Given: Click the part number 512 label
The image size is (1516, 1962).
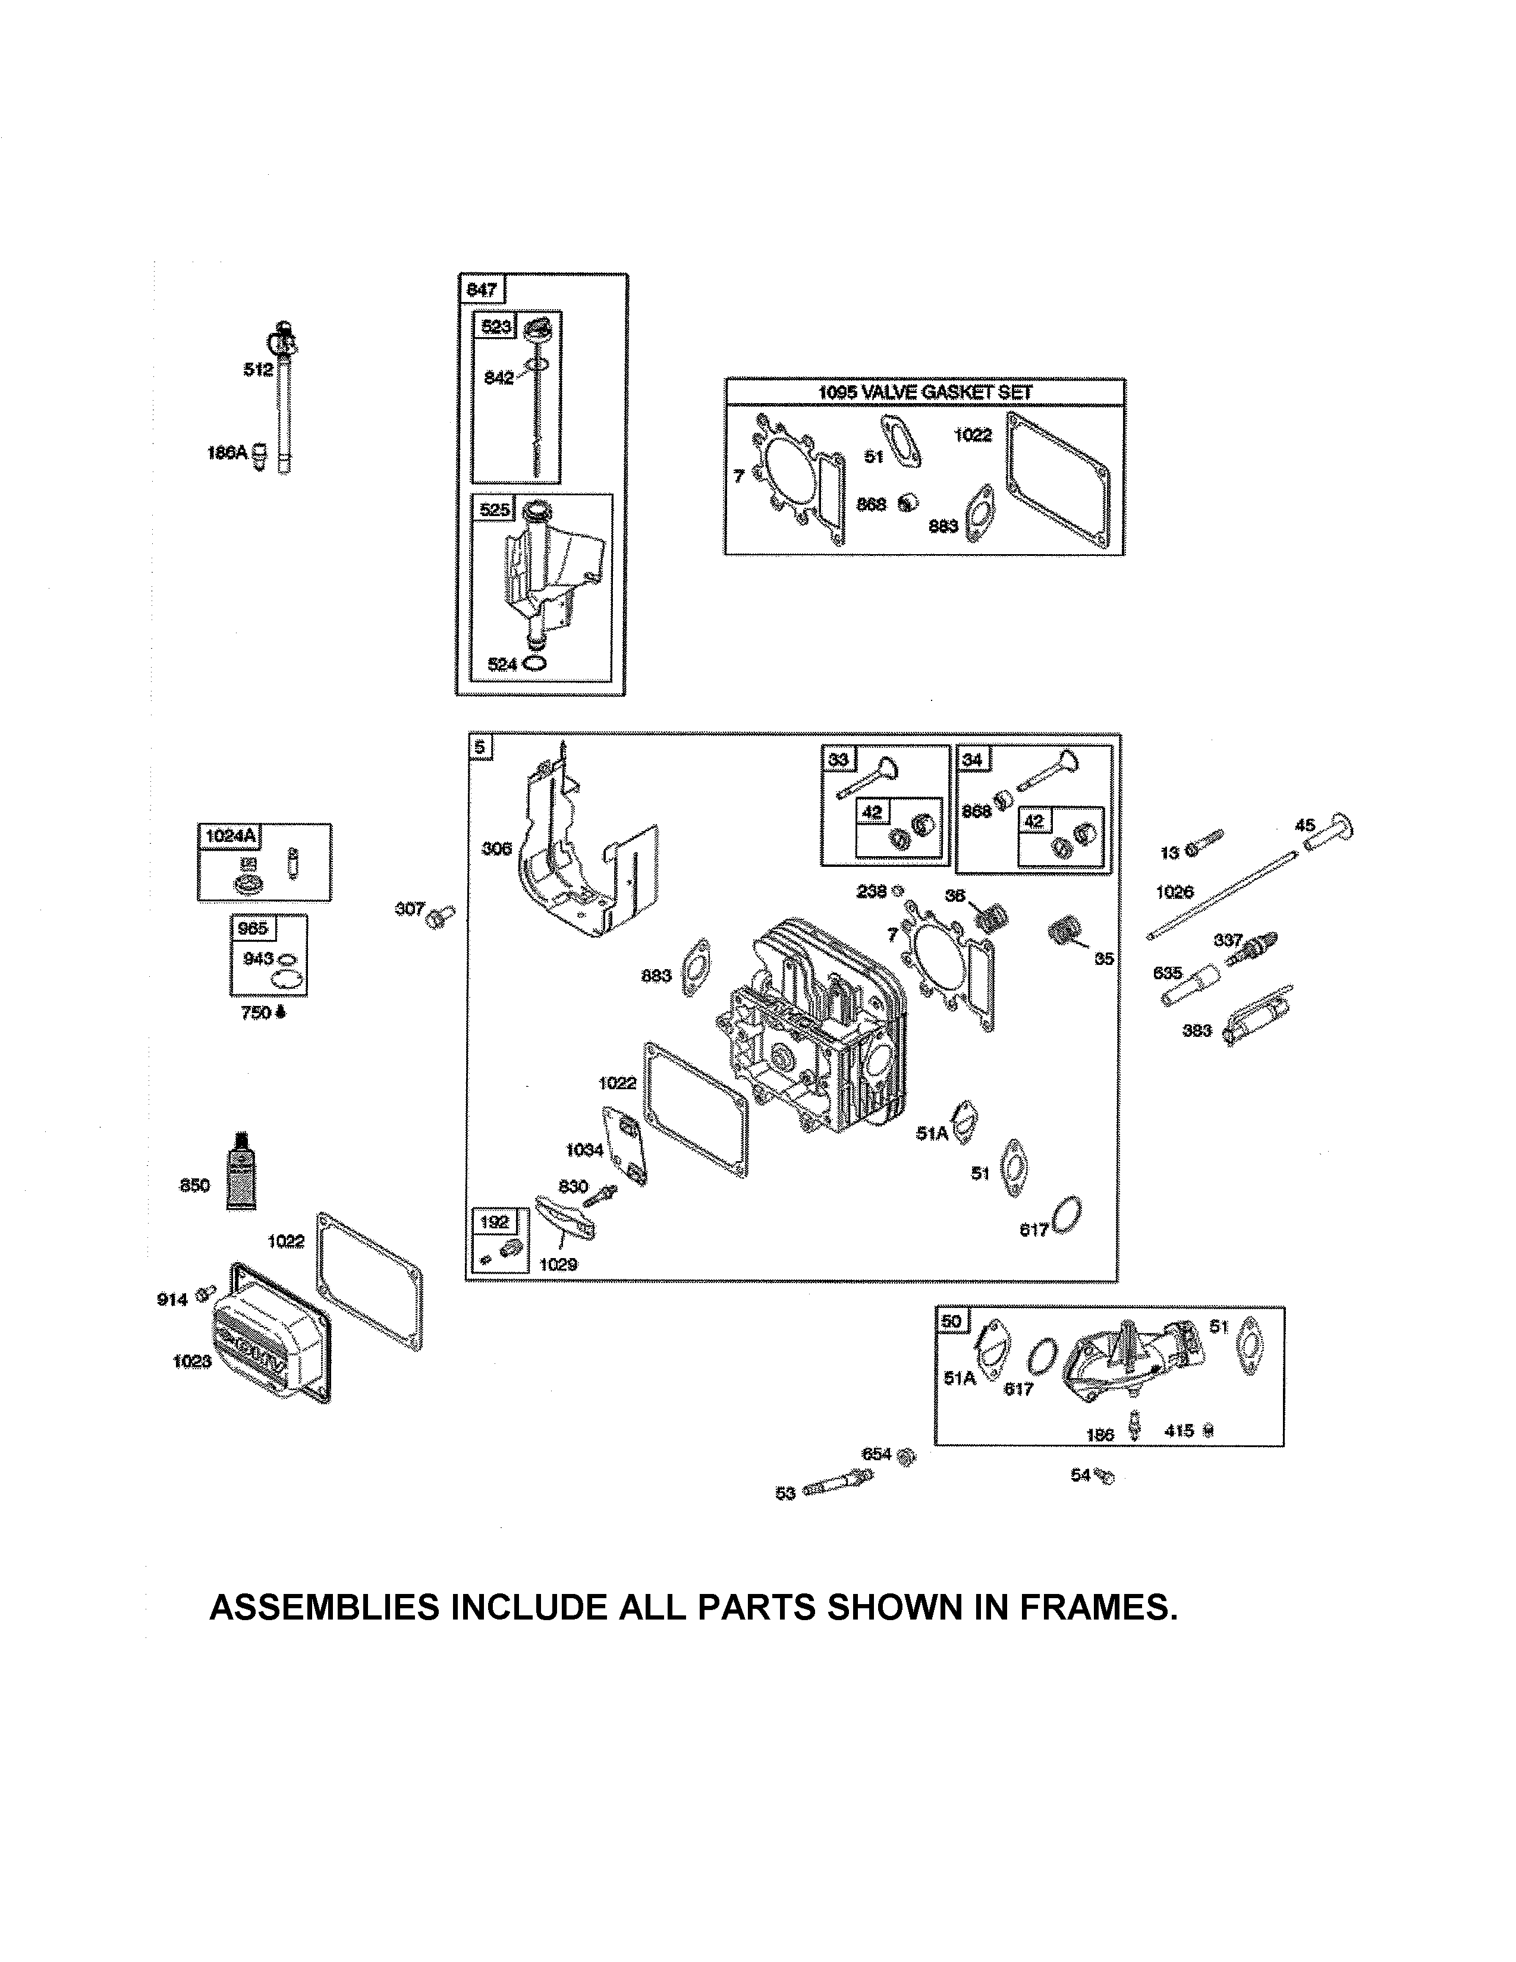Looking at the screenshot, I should tap(258, 369).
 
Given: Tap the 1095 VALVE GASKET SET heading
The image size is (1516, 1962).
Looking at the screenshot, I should tap(925, 392).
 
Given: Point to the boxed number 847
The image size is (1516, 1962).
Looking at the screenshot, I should tap(482, 290).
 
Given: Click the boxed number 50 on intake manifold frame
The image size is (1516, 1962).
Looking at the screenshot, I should tap(950, 1320).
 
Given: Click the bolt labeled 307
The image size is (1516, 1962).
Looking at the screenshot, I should tap(440, 916).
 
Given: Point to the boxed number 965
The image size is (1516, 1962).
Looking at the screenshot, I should tap(252, 928).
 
